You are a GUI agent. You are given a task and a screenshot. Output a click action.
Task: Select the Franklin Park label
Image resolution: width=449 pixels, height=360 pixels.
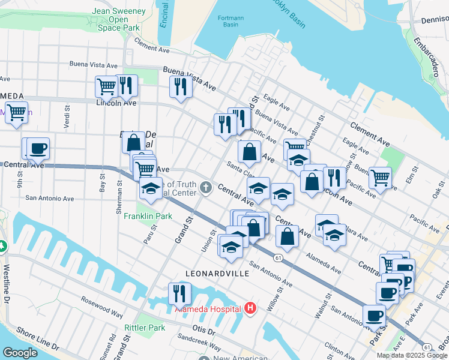click(148, 216)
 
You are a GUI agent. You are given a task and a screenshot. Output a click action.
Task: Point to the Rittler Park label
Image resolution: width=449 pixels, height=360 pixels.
click(145, 328)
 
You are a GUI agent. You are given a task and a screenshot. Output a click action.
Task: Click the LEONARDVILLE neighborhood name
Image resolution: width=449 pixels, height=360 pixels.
click(217, 273)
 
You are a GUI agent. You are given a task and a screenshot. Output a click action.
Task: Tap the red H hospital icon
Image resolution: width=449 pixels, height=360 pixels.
click(251, 309)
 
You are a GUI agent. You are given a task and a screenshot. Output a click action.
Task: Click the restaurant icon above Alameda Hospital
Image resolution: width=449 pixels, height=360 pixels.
click(179, 293)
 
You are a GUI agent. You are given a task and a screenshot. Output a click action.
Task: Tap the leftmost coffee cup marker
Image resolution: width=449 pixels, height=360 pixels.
click(38, 148)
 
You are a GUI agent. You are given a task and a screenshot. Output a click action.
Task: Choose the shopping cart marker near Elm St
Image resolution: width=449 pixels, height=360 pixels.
click(381, 178)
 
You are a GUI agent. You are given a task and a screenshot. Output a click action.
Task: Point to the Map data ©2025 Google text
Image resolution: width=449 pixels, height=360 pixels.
click(412, 355)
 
